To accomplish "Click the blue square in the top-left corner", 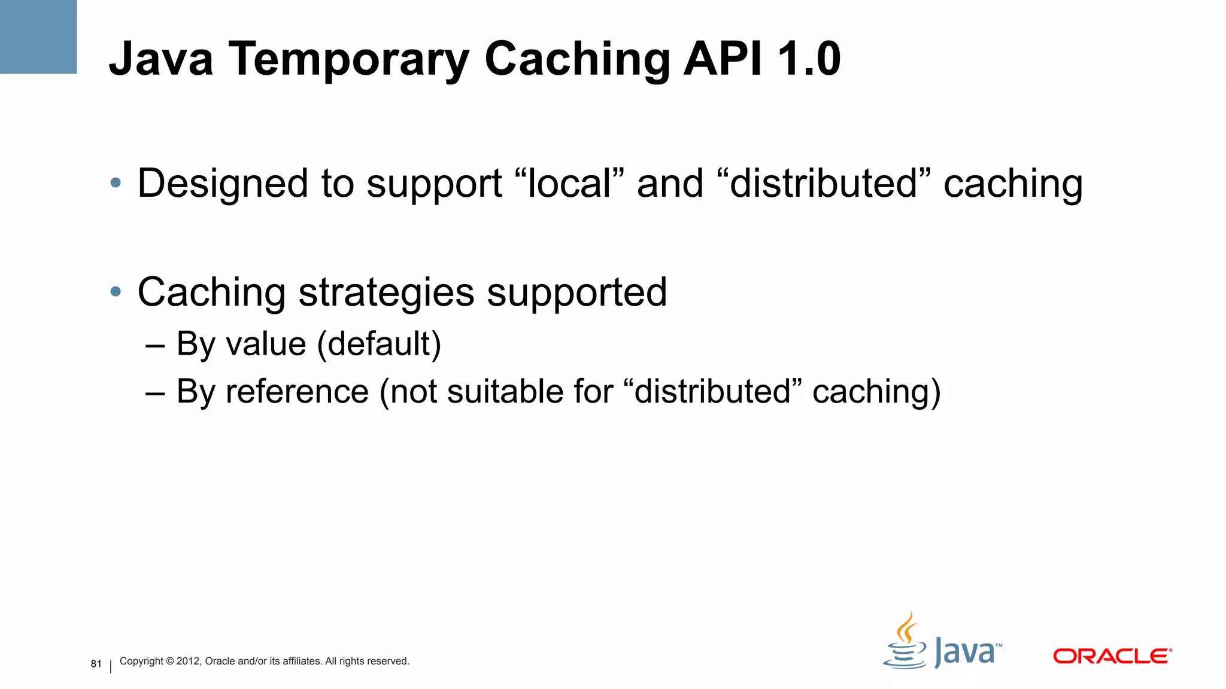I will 38,36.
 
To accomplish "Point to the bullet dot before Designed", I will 116,183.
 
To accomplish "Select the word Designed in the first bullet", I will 221,184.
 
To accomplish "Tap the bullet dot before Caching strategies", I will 116,292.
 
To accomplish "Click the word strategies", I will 386,293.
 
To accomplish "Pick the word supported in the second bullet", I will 576,293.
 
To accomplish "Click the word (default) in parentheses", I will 379,344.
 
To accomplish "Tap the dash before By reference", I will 155,393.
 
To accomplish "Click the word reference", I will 297,392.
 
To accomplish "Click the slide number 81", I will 96,664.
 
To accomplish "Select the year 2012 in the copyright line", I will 188,661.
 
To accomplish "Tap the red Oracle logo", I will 1112,656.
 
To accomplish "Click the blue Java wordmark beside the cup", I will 966,652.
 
